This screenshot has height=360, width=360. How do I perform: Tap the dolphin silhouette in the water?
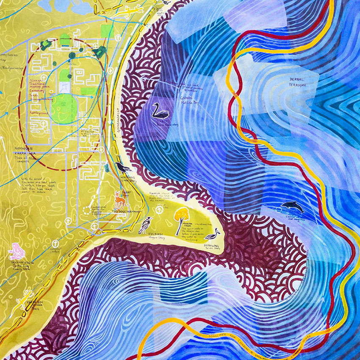292,207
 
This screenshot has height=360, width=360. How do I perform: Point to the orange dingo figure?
119,199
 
